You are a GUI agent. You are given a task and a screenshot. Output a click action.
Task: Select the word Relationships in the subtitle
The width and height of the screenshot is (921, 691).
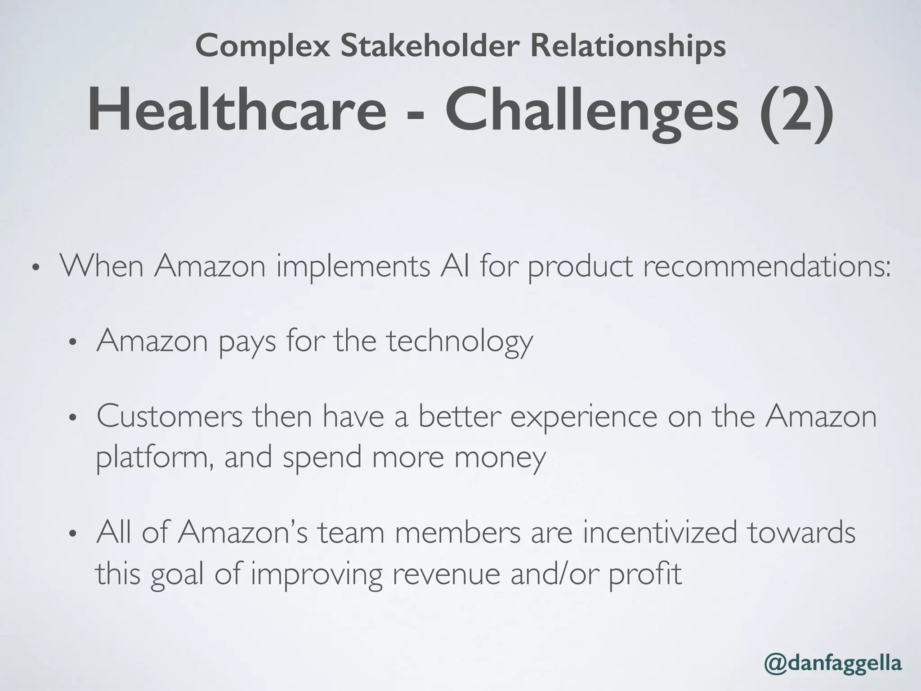tap(628, 46)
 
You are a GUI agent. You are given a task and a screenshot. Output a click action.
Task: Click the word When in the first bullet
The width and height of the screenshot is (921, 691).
tap(102, 266)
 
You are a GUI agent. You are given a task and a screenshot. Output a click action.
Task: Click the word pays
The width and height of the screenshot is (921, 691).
tap(247, 341)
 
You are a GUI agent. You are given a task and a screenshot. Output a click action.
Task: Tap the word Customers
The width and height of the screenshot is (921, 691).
tap(170, 416)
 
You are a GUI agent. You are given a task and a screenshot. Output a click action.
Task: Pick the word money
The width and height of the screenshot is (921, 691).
tap(500, 457)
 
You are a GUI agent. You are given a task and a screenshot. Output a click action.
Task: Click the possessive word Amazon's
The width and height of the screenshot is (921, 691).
tap(242, 532)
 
